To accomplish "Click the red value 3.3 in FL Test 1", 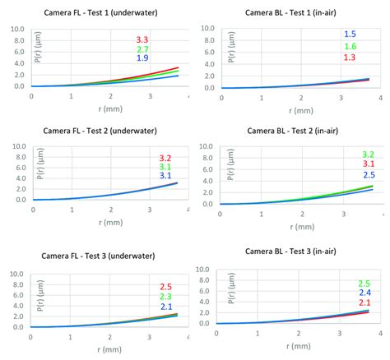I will (142, 39).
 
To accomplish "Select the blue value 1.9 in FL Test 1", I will (142, 59).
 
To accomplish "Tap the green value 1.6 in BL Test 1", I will (351, 47).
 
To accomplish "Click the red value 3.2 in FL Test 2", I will (165, 157).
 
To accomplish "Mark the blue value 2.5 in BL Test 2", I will (368, 175).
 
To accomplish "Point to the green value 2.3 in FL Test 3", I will (165, 297).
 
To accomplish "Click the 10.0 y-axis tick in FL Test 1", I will (17, 30).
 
